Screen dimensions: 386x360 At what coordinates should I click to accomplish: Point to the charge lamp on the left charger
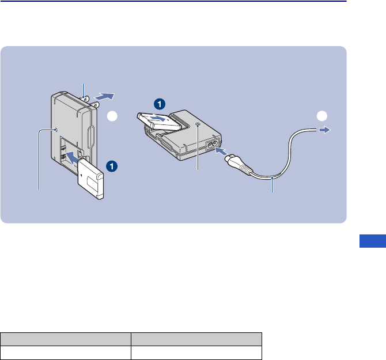click(56, 131)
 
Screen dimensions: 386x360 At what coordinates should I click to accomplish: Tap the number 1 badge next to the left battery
click(112, 166)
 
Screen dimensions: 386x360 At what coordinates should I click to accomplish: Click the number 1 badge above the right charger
click(160, 104)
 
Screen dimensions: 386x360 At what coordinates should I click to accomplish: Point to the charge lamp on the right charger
click(198, 125)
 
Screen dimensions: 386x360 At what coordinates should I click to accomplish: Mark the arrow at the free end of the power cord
click(326, 131)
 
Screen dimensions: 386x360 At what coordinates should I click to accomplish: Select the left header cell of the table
click(66, 339)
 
